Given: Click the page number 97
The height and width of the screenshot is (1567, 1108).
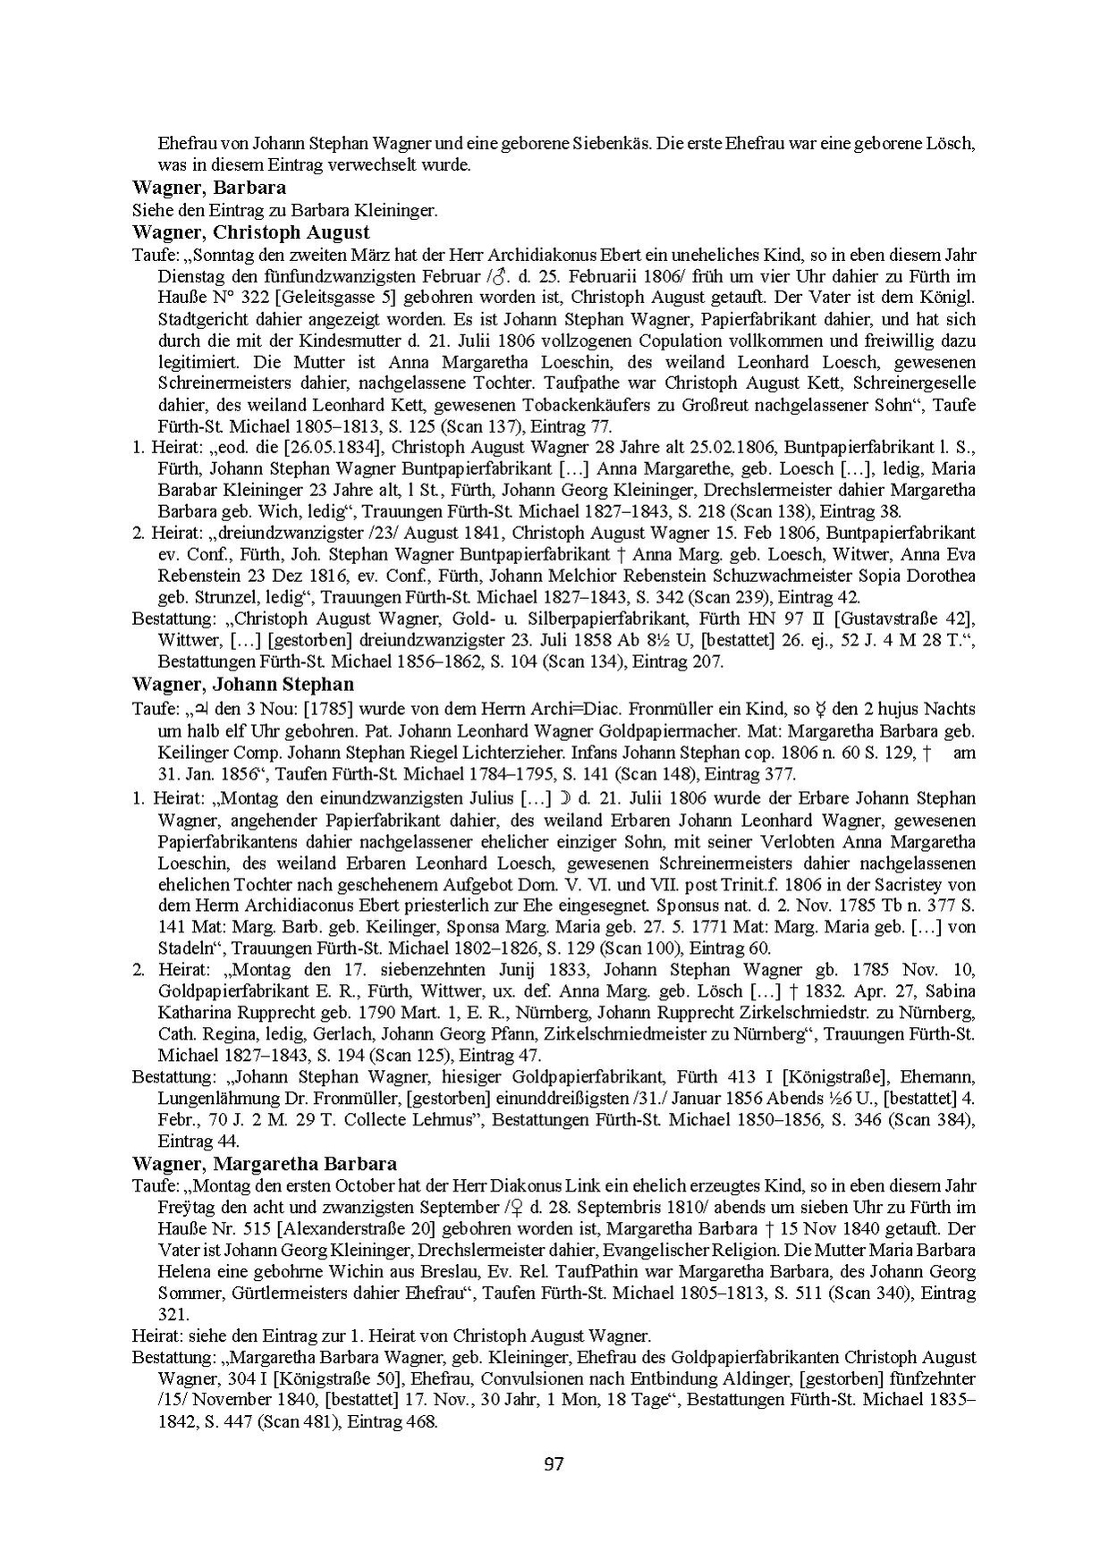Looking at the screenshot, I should click(x=554, y=1464).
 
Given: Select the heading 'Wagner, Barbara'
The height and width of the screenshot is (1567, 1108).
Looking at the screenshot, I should click(x=209, y=188).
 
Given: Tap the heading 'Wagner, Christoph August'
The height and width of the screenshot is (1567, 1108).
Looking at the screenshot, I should click(x=250, y=232).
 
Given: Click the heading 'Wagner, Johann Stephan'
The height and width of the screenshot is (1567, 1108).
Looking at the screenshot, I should click(x=242, y=685).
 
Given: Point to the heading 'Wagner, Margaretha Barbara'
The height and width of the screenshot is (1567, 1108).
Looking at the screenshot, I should click(x=265, y=1164).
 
